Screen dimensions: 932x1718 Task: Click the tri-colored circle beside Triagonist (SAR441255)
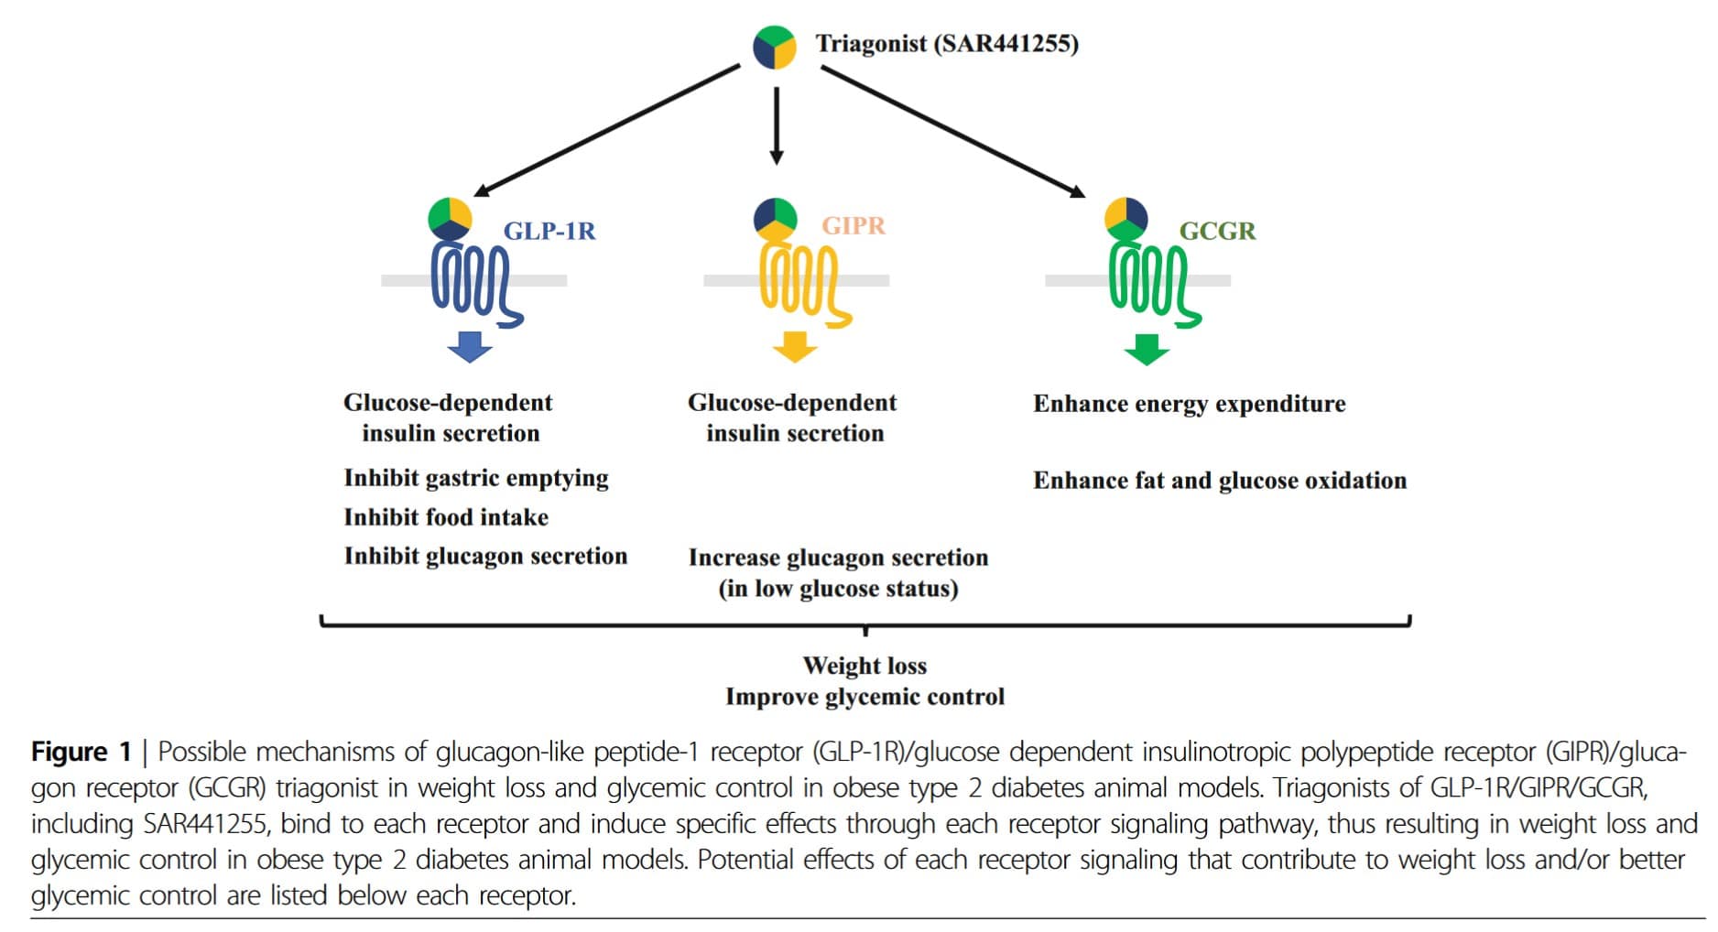(x=775, y=47)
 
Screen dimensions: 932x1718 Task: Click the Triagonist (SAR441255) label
(x=947, y=44)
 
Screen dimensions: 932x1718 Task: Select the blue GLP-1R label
(x=549, y=231)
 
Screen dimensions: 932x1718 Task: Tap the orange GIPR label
(x=854, y=225)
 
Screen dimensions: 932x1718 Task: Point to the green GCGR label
(x=1217, y=231)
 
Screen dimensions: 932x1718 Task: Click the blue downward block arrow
(x=470, y=347)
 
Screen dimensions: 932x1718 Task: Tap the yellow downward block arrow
(x=794, y=347)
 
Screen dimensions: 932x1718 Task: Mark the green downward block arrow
(x=1146, y=349)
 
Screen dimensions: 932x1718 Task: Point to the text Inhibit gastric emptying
(x=476, y=478)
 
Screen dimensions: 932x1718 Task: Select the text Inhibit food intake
(x=446, y=517)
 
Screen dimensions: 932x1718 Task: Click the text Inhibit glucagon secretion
(x=485, y=557)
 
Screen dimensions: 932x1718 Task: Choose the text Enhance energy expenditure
(x=1190, y=404)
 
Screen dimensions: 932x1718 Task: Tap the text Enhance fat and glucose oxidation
(x=1220, y=481)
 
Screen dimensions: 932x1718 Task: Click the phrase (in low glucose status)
(x=838, y=589)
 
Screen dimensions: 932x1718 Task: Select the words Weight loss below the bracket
(x=864, y=666)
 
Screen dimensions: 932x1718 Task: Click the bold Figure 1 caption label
(x=82, y=753)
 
